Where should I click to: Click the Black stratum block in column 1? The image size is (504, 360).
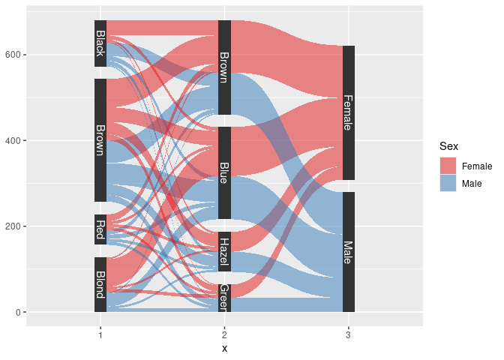tap(100, 43)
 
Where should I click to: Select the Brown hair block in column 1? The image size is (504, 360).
tap(100, 140)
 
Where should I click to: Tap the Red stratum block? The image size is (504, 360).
tap(100, 229)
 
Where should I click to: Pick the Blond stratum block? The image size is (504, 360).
tap(100, 284)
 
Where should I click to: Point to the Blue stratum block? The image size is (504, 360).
tap(224, 173)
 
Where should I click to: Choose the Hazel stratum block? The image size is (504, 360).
tap(224, 251)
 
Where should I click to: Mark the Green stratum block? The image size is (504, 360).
tap(224, 297)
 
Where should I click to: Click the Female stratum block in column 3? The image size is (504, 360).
tap(348, 112)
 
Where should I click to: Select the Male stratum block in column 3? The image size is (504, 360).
tap(348, 252)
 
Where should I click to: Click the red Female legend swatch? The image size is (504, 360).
tap(448, 166)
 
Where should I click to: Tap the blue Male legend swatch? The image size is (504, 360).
tap(448, 183)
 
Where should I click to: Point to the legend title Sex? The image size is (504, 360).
tap(448, 146)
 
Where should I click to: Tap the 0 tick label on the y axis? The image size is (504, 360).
tap(19, 312)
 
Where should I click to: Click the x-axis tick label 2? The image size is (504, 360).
tap(224, 334)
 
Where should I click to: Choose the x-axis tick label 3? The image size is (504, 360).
tap(348, 334)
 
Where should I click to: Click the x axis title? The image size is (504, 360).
tap(224, 349)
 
